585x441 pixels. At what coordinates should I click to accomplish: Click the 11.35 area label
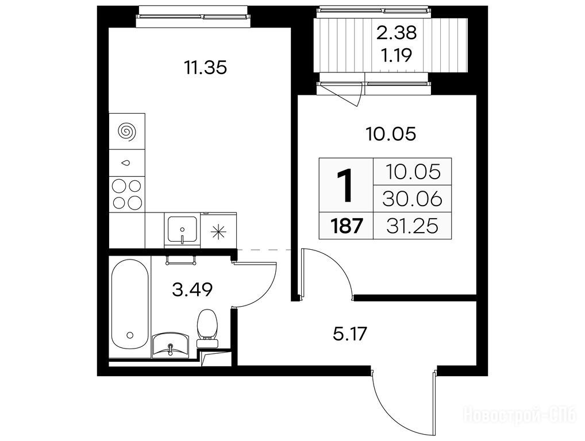tap(205, 68)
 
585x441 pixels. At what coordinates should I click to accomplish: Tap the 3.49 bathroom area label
tap(193, 289)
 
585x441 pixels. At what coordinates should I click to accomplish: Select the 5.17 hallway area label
tap(350, 334)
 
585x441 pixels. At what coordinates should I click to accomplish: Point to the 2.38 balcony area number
tap(396, 33)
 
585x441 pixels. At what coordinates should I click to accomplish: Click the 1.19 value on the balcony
tap(396, 56)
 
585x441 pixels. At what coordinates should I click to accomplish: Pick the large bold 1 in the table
tap(345, 185)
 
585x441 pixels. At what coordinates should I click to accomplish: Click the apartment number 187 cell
tap(347, 226)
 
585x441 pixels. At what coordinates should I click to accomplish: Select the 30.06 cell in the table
tap(412, 199)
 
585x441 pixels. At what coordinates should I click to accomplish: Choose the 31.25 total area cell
tap(412, 226)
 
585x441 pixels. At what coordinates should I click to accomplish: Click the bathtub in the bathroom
tap(129, 304)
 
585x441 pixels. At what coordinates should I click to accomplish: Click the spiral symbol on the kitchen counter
tap(127, 131)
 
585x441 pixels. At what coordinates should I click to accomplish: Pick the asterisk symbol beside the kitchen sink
tap(218, 232)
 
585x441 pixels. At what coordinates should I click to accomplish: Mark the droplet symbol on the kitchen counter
tap(126, 163)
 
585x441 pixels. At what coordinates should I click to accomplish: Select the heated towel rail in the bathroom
tap(181, 260)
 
